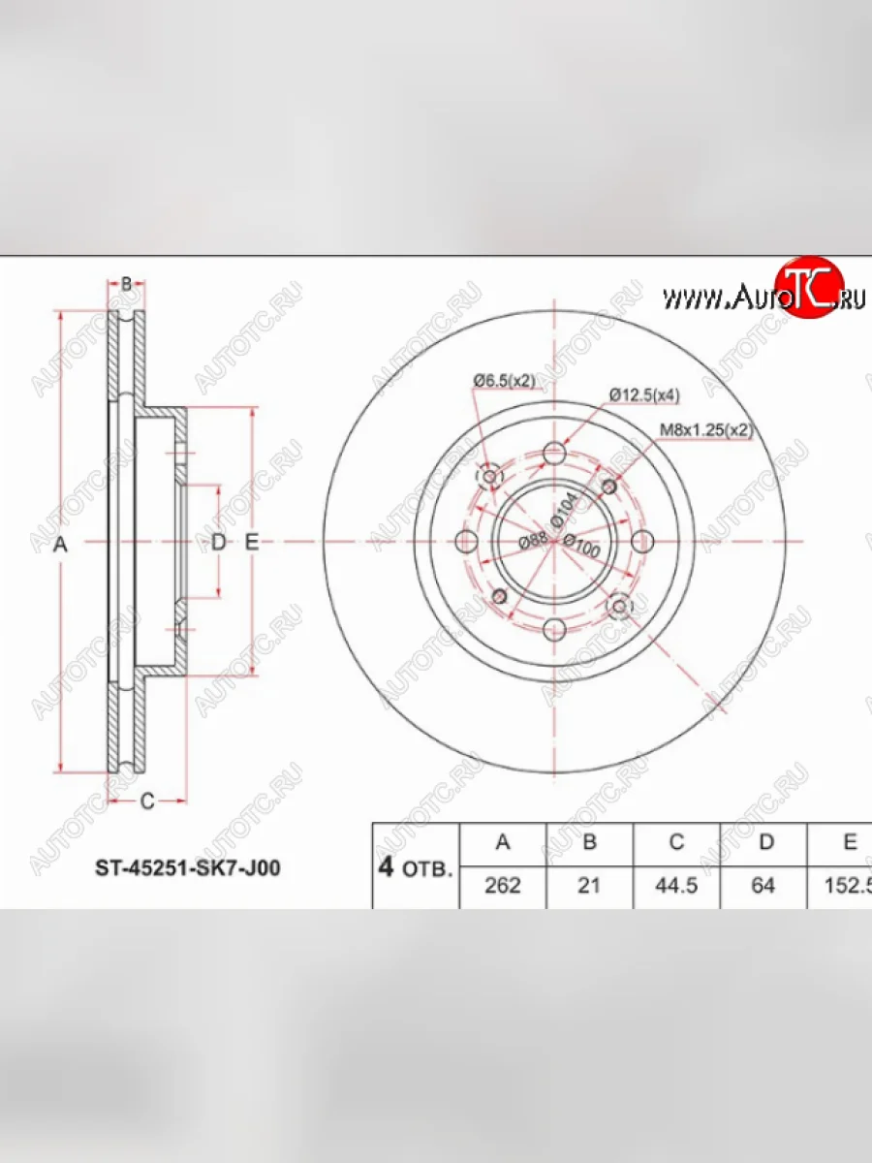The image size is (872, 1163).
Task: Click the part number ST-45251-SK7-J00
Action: (x=187, y=867)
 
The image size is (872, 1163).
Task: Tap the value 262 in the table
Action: (x=503, y=886)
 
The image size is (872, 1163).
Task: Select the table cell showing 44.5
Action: (x=676, y=886)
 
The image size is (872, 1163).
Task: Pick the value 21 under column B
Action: (x=589, y=886)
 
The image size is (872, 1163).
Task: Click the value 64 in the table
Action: (x=763, y=886)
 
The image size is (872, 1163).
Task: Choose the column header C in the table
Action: (x=676, y=842)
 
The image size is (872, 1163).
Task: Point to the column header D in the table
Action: (x=765, y=842)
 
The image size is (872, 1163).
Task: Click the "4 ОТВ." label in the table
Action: (x=414, y=866)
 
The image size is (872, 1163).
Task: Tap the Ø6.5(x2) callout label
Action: (x=504, y=381)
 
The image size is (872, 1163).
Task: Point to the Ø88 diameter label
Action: (x=531, y=543)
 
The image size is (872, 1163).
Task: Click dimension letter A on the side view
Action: (x=60, y=544)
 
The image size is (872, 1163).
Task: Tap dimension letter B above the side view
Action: (x=125, y=284)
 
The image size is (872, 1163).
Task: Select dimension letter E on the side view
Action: (x=252, y=543)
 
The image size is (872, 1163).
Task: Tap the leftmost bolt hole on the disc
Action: (x=466, y=542)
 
